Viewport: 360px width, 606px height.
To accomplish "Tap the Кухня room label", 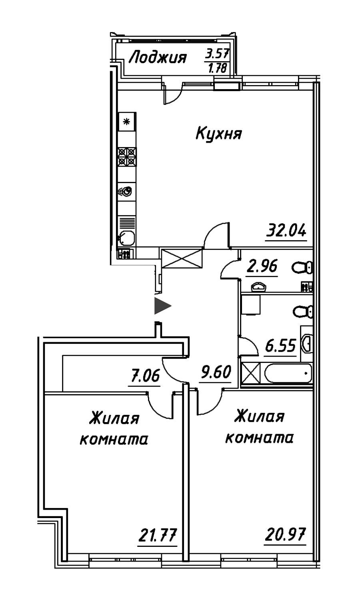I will click(x=218, y=133).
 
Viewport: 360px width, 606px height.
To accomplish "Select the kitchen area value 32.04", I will click(x=286, y=231).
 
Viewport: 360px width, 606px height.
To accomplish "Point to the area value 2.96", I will click(x=262, y=266).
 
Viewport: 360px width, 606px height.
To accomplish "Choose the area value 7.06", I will click(x=144, y=376).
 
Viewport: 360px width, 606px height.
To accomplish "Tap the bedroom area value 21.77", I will click(x=158, y=535).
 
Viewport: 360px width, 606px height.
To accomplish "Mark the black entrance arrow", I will click(x=162, y=306).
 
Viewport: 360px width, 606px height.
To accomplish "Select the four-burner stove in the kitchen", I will click(x=127, y=157).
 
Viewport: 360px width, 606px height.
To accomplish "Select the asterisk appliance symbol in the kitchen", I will click(x=127, y=122).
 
